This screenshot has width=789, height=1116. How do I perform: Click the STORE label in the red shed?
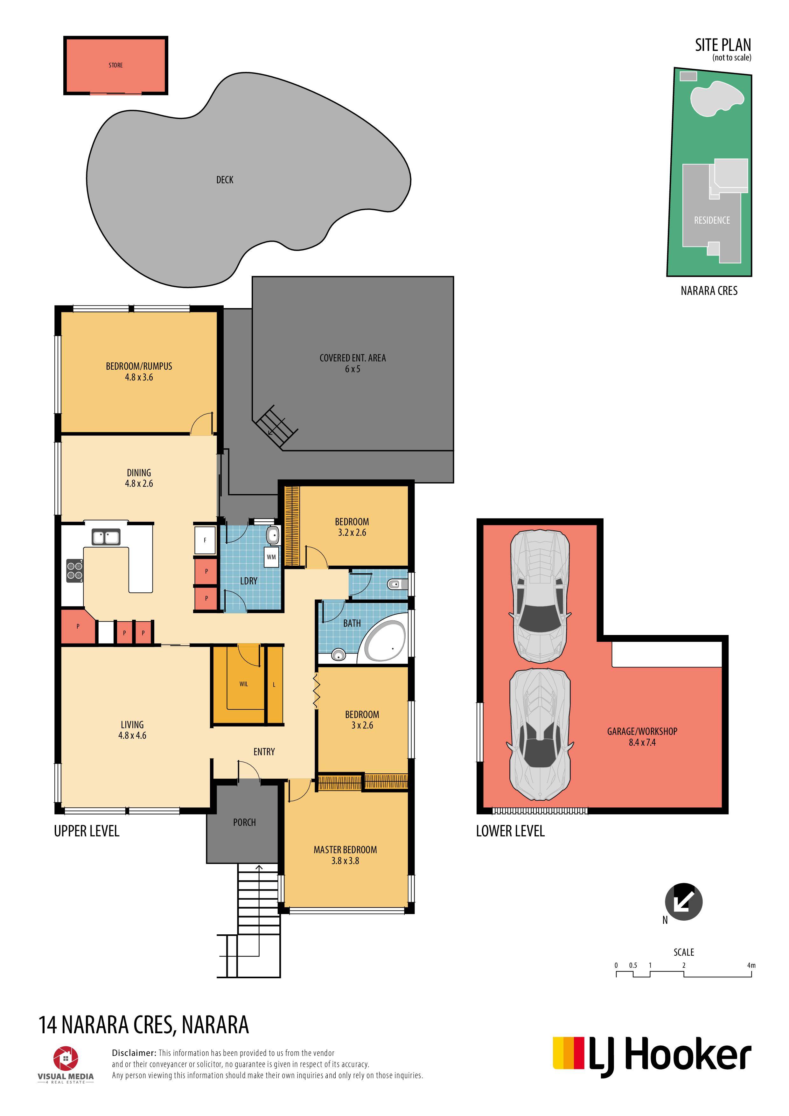pos(116,65)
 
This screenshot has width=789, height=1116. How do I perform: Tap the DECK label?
pos(225,180)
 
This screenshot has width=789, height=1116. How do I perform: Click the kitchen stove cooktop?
pos(74,571)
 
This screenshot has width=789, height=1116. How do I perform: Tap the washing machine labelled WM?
pos(271,557)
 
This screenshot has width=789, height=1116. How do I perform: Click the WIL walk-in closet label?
pos(244,684)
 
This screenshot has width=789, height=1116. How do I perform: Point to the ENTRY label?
pos(264,752)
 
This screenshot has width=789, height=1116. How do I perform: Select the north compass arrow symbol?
pos(683,902)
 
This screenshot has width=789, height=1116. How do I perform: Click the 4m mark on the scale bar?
pos(751,965)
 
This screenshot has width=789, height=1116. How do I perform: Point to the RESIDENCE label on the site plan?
pos(712,220)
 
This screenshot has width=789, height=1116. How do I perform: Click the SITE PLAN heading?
pos(723,45)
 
